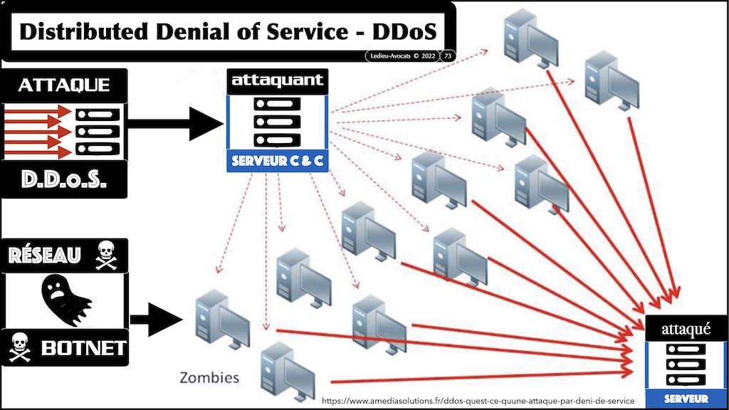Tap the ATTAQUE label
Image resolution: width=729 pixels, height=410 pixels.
click(x=64, y=85)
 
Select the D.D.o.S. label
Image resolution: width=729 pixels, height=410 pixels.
click(x=63, y=179)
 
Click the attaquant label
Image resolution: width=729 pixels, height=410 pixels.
click(x=278, y=81)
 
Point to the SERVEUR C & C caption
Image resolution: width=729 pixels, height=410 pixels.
click(x=278, y=162)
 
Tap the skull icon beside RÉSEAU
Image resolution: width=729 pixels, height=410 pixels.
click(x=105, y=255)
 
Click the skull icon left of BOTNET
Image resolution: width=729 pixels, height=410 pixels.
click(x=19, y=347)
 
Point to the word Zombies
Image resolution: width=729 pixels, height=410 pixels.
click(x=209, y=377)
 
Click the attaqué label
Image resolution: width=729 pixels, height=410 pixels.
click(x=686, y=329)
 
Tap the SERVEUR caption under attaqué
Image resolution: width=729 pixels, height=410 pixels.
click(x=686, y=398)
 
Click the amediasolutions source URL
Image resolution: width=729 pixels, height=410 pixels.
click(x=478, y=401)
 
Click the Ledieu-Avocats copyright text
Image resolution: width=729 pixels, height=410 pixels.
click(x=400, y=56)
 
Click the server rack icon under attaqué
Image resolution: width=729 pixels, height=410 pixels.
click(x=686, y=364)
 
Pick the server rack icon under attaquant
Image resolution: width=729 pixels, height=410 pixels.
click(x=278, y=121)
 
